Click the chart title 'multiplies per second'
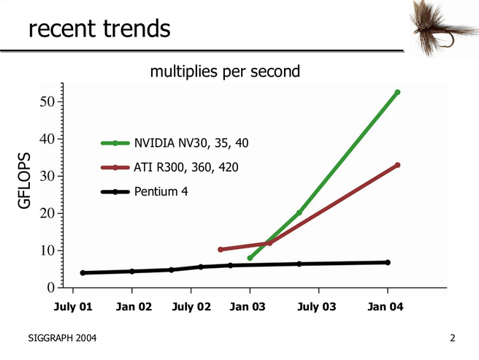click(x=225, y=72)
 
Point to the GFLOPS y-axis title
click(x=25, y=181)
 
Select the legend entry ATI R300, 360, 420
click(x=185, y=168)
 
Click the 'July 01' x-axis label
click(x=73, y=307)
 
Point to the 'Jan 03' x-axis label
click(x=248, y=307)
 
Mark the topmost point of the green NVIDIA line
click(x=397, y=93)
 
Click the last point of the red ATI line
click(x=397, y=165)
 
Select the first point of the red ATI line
click(x=221, y=250)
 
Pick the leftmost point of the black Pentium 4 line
click(x=83, y=273)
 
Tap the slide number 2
click(x=453, y=338)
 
